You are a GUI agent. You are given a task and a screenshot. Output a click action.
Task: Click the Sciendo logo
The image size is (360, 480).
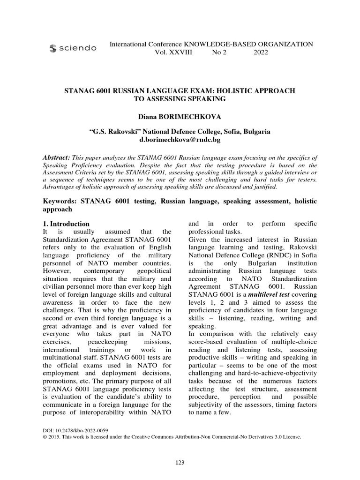[73, 48]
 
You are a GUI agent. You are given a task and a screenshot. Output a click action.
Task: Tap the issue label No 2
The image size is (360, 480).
[219, 52]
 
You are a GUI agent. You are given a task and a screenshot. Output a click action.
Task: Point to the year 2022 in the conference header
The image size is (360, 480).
[261, 52]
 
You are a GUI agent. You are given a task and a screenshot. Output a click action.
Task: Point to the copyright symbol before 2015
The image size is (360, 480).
[45, 436]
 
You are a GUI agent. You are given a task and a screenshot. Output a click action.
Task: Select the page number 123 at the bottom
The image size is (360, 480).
[180, 463]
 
